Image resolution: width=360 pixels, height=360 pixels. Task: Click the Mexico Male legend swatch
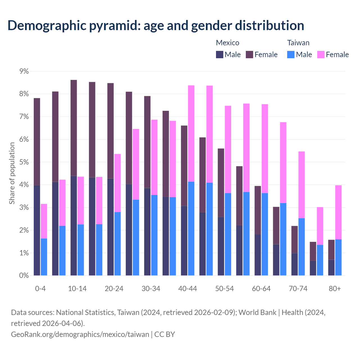pos(220,55)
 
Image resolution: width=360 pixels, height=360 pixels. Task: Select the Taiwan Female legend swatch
pos(321,55)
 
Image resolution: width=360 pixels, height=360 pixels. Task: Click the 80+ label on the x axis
pos(335,289)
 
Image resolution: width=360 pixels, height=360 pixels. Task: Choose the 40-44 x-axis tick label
pos(188,289)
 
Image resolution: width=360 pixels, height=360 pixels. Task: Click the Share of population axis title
pos(12,173)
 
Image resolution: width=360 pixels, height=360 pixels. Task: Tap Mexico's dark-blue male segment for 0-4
pos(37,230)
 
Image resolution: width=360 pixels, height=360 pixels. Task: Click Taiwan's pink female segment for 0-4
pos(44,221)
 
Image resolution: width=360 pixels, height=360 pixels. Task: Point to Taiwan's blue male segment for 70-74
pos(301,247)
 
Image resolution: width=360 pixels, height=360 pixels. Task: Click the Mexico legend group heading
pos(228,43)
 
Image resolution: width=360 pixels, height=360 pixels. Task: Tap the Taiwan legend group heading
pos(298,43)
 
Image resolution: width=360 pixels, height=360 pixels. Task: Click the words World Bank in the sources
pos(257,312)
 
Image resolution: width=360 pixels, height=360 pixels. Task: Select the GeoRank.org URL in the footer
pos(80,334)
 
